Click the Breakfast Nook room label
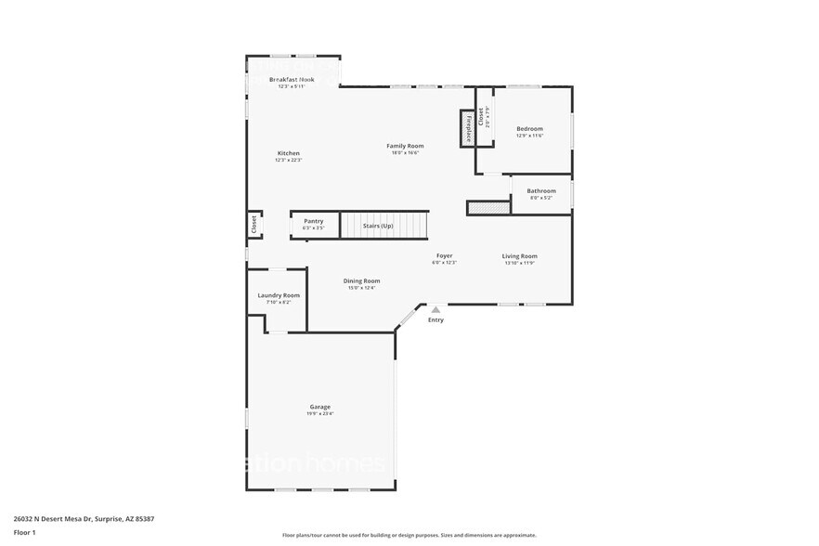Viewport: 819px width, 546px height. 292,80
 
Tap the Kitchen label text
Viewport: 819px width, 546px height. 289,153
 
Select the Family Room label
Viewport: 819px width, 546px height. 405,146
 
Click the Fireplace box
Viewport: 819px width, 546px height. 468,128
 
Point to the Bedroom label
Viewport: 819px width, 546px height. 529,129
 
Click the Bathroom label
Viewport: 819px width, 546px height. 541,191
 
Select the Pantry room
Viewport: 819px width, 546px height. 313,224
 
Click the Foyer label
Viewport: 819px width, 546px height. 445,255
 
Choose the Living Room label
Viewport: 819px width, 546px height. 520,256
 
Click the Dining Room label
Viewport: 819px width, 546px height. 361,280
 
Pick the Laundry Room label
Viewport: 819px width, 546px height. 279,295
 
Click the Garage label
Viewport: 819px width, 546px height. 319,407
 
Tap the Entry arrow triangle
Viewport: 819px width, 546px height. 435,309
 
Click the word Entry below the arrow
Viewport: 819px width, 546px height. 435,320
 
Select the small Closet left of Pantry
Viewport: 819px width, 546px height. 253,225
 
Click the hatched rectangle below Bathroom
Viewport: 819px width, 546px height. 488,208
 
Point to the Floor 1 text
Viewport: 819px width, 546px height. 24,532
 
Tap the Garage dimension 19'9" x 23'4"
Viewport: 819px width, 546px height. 319,414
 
